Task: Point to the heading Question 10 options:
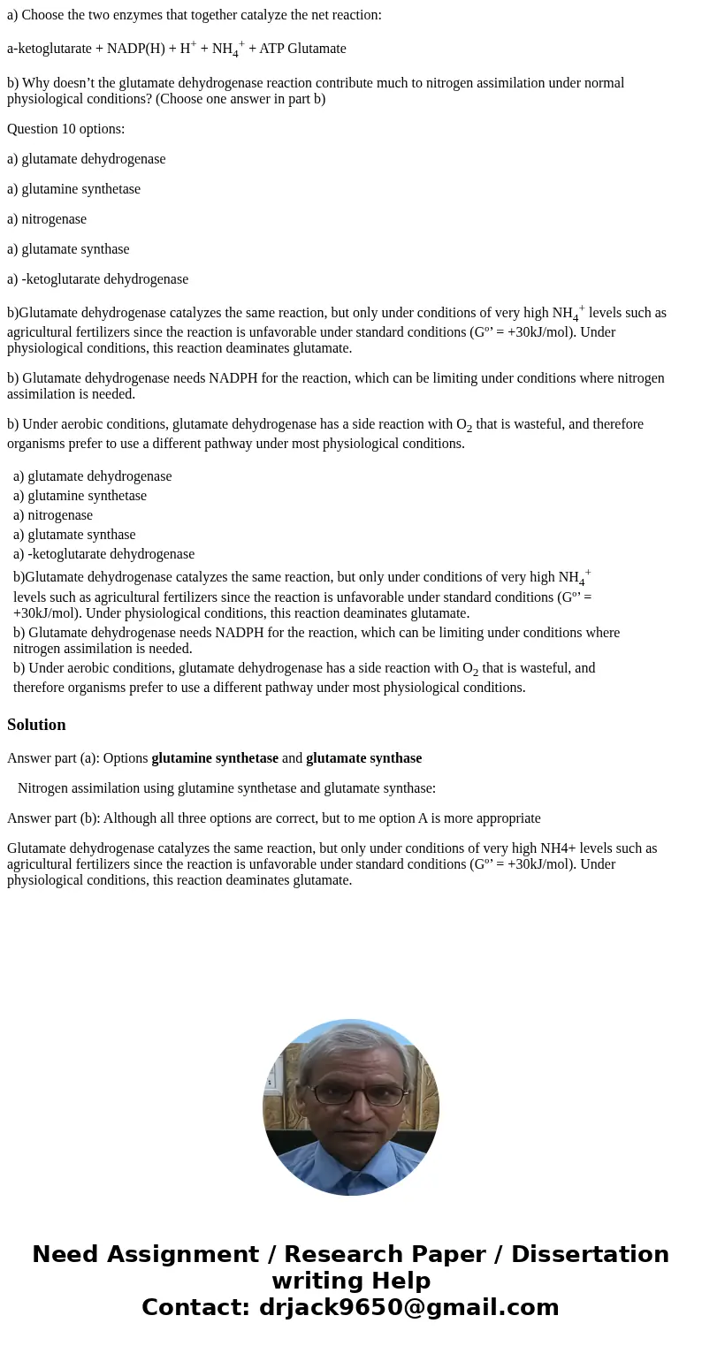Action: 66,129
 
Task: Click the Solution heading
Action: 36,725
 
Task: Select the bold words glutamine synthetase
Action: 215,758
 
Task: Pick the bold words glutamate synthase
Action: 364,758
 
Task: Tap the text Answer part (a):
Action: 52,758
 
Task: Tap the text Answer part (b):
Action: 53,818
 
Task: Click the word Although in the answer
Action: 132,818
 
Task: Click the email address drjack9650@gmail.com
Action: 408,1308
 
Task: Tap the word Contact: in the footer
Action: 196,1308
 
